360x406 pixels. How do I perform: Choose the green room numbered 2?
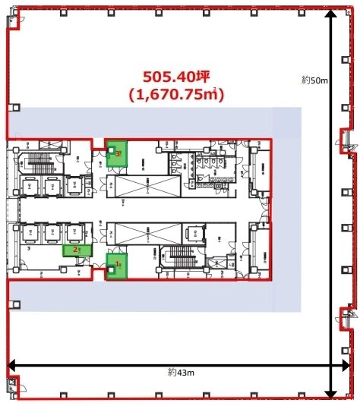click(x=77, y=250)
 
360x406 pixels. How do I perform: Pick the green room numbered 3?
click(x=116, y=154)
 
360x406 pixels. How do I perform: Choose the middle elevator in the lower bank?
click(x=52, y=233)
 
